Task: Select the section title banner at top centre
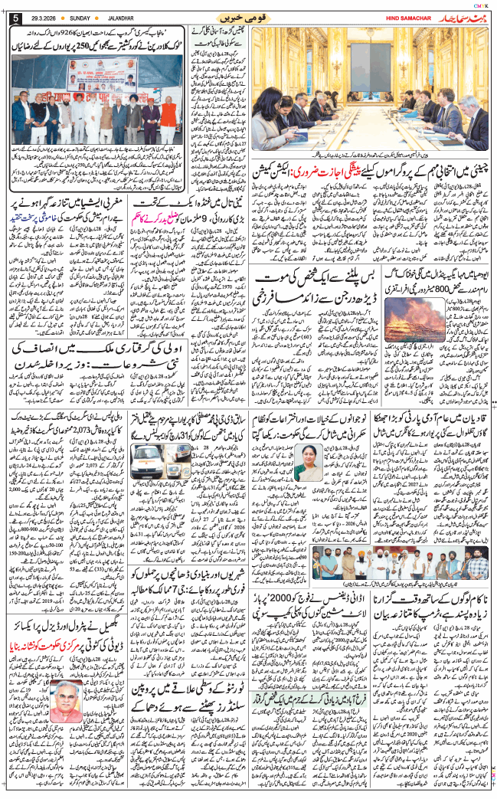[x=249, y=16]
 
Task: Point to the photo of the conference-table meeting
[x=371, y=88]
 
